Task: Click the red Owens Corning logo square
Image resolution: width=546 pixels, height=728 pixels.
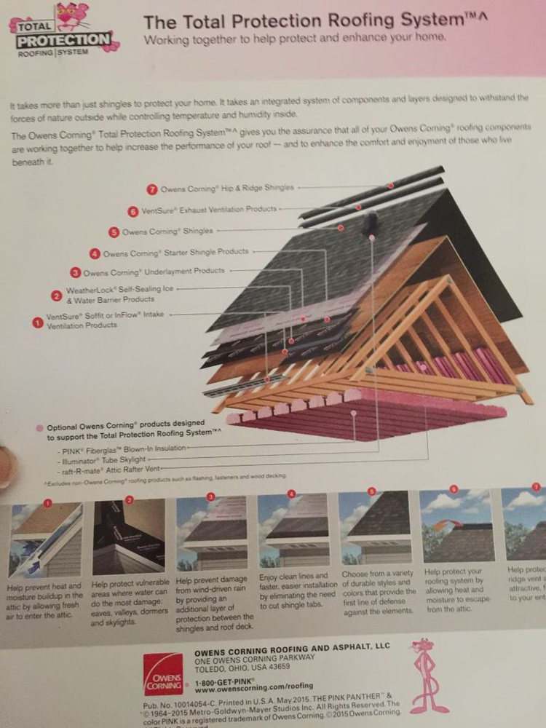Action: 163,673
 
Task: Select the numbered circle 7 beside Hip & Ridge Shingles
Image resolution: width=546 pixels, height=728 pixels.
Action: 151,189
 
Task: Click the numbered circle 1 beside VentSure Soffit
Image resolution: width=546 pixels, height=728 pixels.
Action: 38,320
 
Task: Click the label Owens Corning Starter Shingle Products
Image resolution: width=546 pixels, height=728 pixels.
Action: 175,253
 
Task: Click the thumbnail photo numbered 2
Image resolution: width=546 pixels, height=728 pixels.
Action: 129,537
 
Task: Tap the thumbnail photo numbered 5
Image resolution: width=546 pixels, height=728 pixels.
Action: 373,528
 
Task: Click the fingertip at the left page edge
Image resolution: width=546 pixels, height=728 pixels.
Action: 6,466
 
